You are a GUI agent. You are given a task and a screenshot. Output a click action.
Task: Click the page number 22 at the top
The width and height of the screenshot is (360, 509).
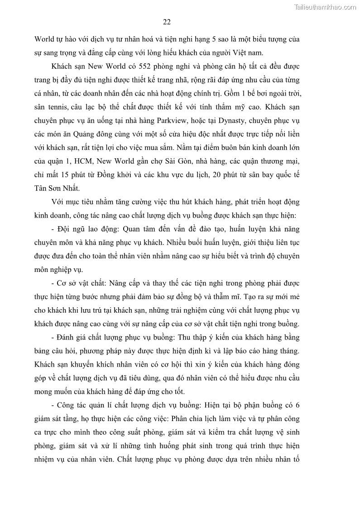[x=167, y=22]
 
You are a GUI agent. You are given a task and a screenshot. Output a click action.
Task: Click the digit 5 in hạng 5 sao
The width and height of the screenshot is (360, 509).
[x=209, y=39]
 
